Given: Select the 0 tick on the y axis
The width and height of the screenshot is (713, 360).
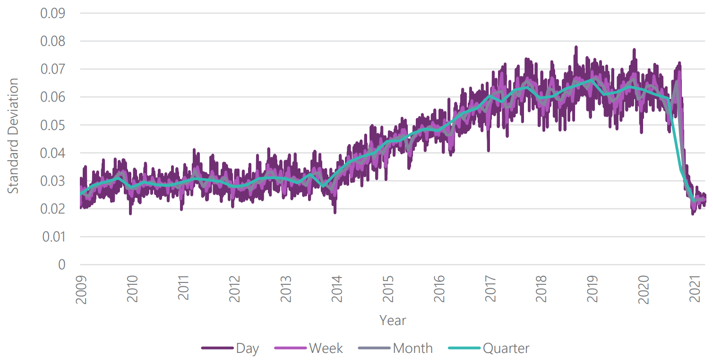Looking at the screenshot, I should click(x=61, y=265).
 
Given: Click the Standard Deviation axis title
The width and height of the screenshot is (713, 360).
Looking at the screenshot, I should click(x=14, y=136).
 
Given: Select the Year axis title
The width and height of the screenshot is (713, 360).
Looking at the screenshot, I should click(x=393, y=321).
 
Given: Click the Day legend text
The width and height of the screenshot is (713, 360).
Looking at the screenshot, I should click(x=248, y=349).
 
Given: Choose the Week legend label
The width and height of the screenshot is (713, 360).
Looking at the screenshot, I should click(x=326, y=349).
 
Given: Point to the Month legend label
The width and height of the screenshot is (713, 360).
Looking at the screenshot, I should click(x=412, y=349).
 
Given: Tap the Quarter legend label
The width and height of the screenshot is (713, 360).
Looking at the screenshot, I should click(x=506, y=349).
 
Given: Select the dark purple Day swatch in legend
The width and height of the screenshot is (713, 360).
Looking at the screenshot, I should click(x=217, y=349).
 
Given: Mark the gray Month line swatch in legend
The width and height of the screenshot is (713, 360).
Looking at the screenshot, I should click(x=374, y=349).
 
